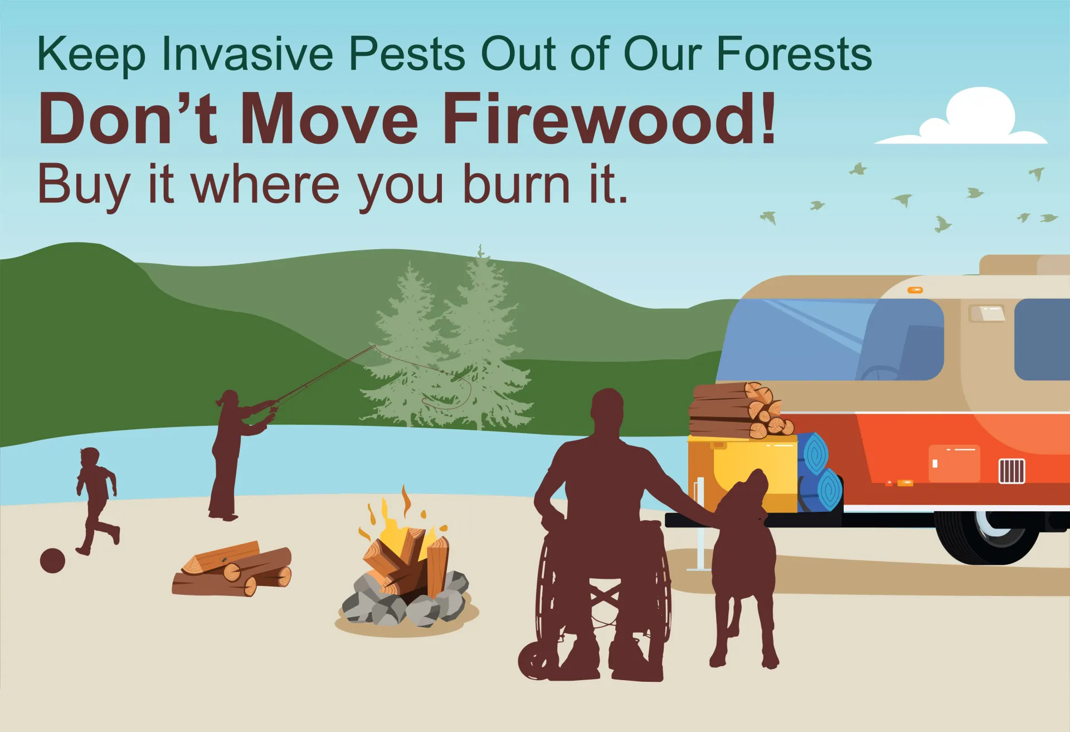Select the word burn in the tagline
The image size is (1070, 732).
517,184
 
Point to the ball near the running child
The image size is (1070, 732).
52,560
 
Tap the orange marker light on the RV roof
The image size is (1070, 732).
915,290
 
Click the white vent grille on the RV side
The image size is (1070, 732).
1011,471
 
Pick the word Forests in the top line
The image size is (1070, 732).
794,54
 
